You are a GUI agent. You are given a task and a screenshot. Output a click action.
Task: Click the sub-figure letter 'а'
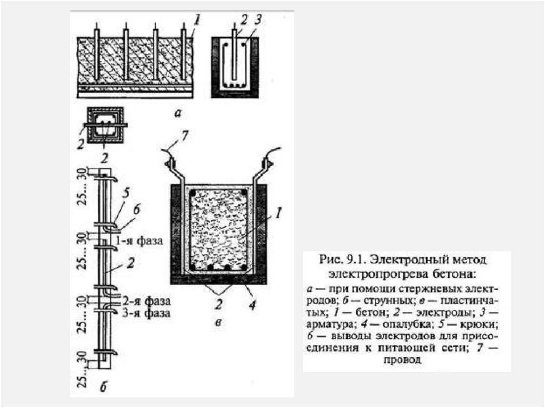coord(177,112)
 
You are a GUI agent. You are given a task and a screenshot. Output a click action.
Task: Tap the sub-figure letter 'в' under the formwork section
coord(217,322)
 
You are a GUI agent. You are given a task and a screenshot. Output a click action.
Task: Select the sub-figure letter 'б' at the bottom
coord(103,387)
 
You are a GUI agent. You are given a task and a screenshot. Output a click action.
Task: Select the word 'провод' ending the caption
coord(405,360)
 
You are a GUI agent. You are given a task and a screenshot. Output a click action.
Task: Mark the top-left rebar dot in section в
coord(195,192)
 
